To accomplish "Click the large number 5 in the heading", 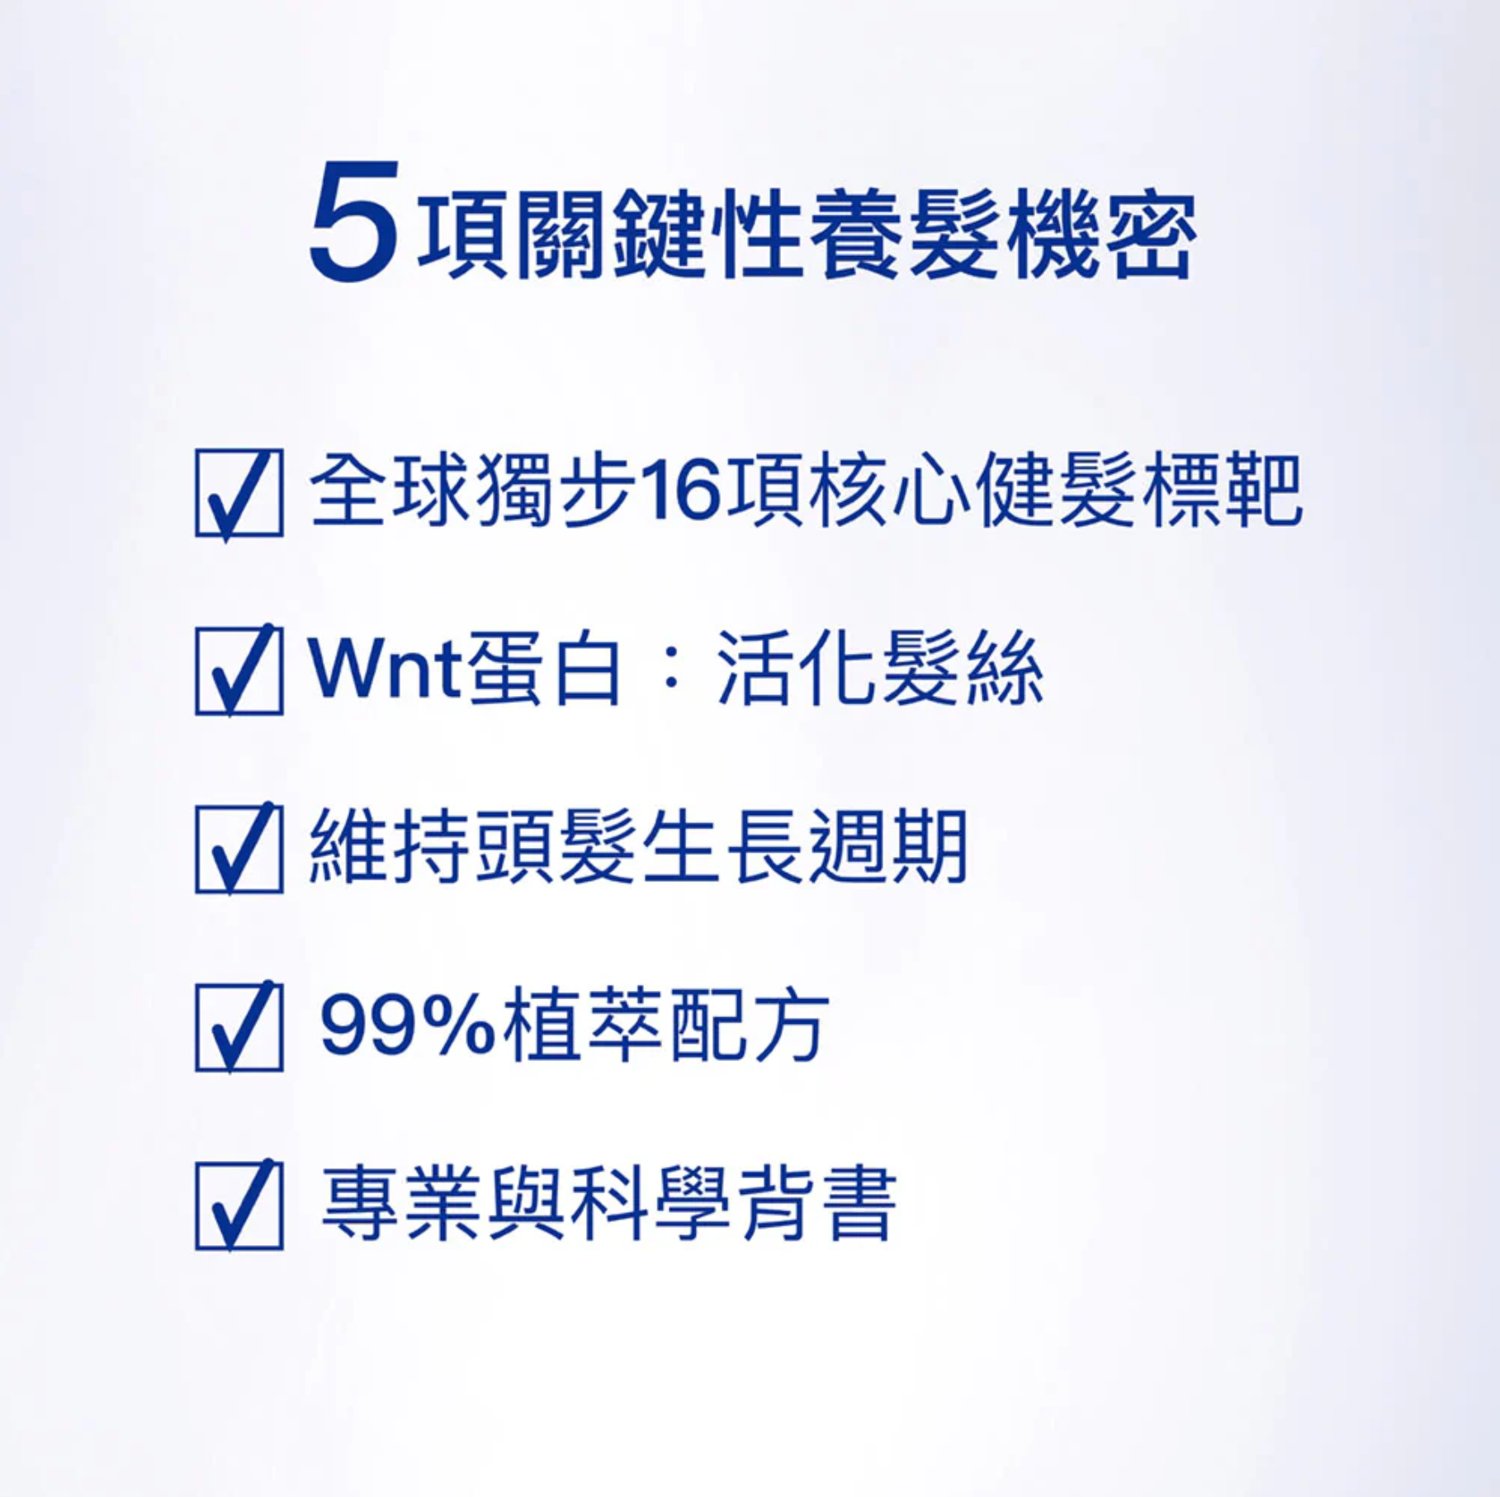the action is click(353, 220).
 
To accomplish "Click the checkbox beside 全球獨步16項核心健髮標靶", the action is click(239, 493).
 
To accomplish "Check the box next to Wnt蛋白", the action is click(239, 670).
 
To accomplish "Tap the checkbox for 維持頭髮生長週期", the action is click(239, 848).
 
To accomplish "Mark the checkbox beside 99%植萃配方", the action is click(239, 1026).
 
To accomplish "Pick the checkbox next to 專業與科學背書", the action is click(239, 1205).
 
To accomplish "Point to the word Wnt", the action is click(385, 669).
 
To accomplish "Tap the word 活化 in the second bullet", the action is click(796, 669).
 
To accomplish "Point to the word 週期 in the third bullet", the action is click(887, 847).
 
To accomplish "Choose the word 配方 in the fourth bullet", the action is click(750, 1026).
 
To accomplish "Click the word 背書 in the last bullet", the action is click(817, 1204).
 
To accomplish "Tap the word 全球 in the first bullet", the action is click(390, 490).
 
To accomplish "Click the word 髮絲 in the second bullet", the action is click(963, 669).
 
